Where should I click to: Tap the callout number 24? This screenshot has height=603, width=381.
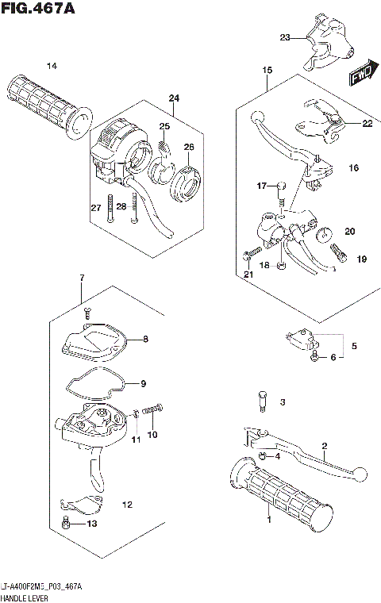click(x=174, y=98)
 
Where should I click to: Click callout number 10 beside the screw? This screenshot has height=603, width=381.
click(x=152, y=434)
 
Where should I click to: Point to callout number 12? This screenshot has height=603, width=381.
click(x=126, y=504)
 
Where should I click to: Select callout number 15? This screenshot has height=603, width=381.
click(x=267, y=71)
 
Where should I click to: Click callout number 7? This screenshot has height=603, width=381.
click(x=81, y=277)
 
